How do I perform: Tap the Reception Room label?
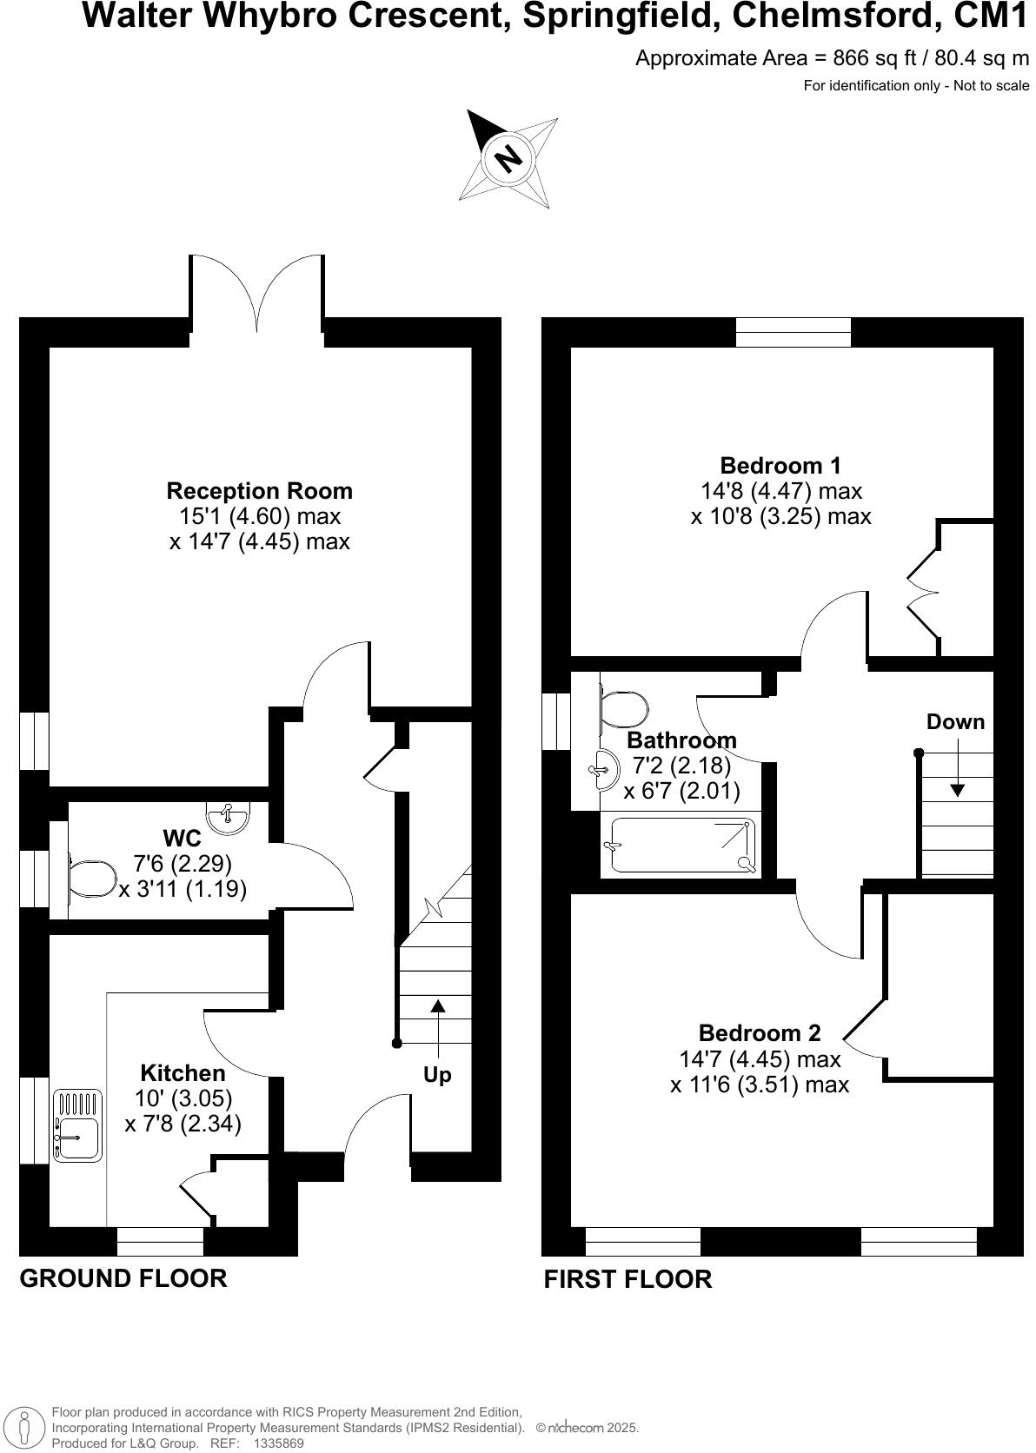point(259,491)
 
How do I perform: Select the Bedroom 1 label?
point(780,466)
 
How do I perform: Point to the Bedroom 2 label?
point(759,1033)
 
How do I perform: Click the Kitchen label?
point(183,1073)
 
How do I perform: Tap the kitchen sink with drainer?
point(77,1125)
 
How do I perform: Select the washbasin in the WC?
point(228,817)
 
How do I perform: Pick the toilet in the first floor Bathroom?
point(624,709)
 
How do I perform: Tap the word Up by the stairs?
point(437,1075)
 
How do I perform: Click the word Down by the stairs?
point(955,722)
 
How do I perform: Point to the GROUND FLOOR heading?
point(123,1278)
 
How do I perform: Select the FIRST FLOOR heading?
point(628,1279)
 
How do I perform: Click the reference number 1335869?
point(278,1443)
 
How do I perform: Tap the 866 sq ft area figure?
point(864,58)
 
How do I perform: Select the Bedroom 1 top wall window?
point(793,332)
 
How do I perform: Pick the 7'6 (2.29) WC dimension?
point(183,864)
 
